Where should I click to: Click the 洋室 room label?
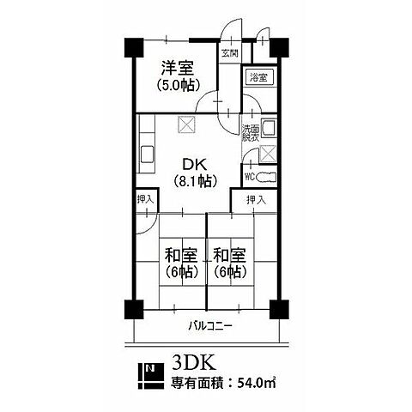point(178,68)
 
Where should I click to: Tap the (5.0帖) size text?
point(178,85)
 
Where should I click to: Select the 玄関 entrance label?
point(230,53)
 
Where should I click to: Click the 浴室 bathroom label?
point(259,77)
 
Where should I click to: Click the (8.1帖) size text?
point(195,180)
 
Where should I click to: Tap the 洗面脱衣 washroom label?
point(251,133)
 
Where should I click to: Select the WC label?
point(250,177)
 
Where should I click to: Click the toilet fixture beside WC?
point(266,177)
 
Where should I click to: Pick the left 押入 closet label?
point(146,199)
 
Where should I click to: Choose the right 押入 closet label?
point(257,200)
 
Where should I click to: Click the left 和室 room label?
point(181,255)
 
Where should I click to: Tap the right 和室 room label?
point(230,255)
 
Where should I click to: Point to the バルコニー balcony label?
point(210,326)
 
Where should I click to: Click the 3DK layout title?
point(194,363)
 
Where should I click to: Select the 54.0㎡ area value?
point(257,383)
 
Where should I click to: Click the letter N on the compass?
point(149,368)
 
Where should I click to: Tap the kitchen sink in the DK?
point(147,154)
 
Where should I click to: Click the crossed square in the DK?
point(186,124)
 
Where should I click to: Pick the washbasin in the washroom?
point(269,128)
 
